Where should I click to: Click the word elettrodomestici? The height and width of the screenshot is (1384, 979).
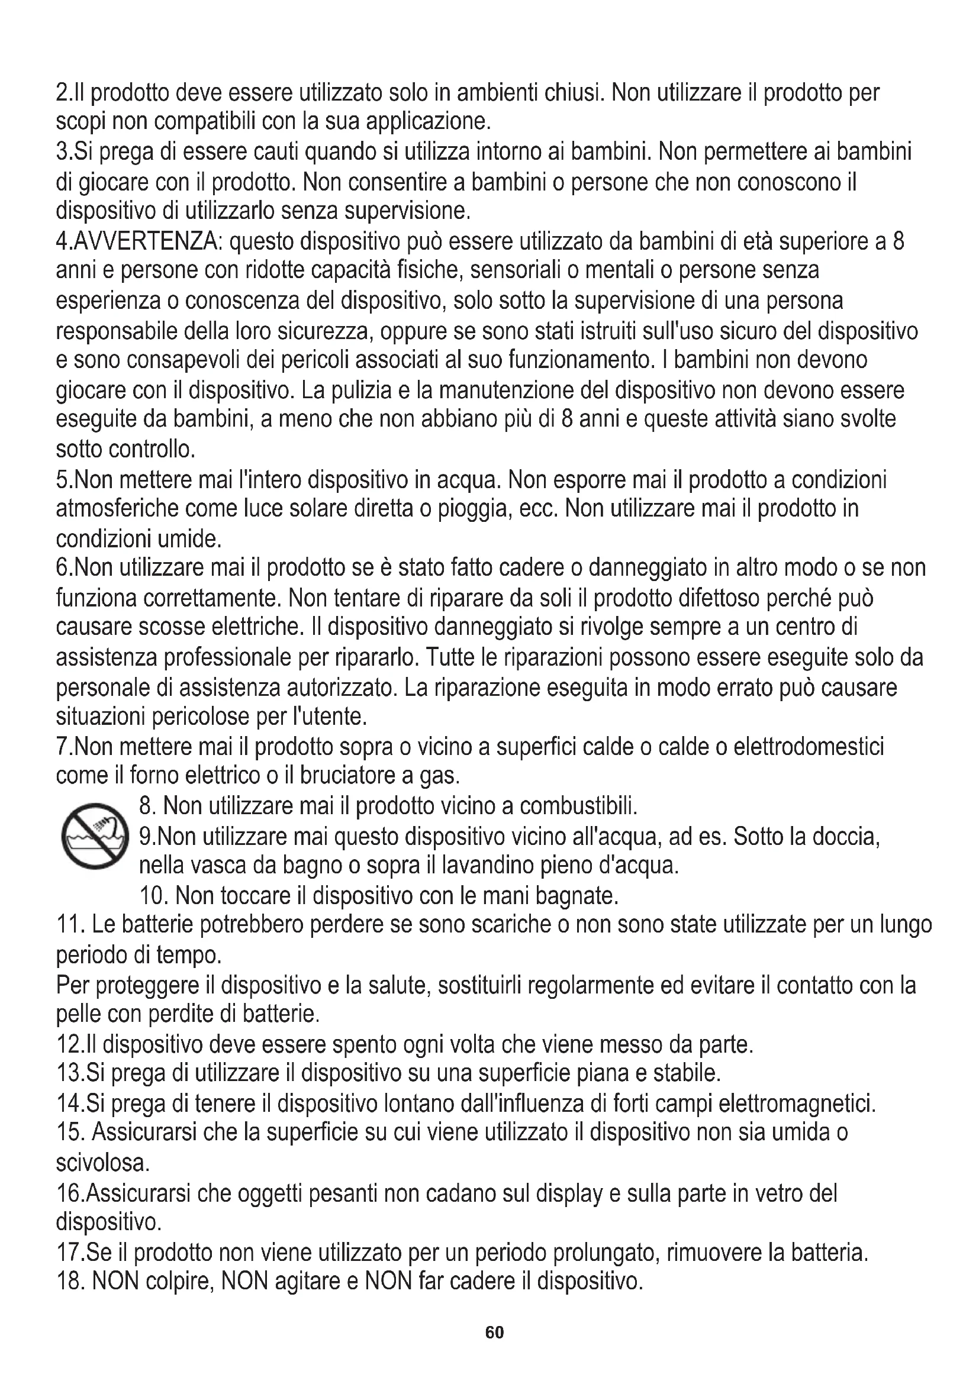click(809, 747)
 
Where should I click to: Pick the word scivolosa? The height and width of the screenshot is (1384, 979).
click(102, 1163)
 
